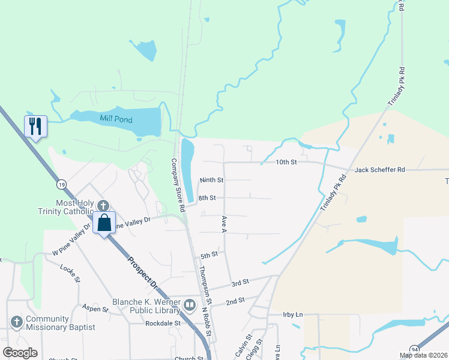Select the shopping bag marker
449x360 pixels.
click(x=104, y=223)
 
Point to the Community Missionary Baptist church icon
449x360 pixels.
click(x=16, y=322)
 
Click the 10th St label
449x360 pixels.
click(x=286, y=162)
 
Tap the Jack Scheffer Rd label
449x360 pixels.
click(x=379, y=170)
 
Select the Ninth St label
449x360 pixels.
click(x=211, y=179)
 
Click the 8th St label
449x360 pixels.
click(x=206, y=197)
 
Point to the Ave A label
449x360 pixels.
click(x=224, y=225)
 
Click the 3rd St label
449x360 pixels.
click(x=240, y=282)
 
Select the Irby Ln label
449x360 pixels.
click(x=293, y=314)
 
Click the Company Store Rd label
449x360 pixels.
click(x=176, y=185)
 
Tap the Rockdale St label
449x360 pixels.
click(x=163, y=323)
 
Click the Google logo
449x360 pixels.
click(x=20, y=353)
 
